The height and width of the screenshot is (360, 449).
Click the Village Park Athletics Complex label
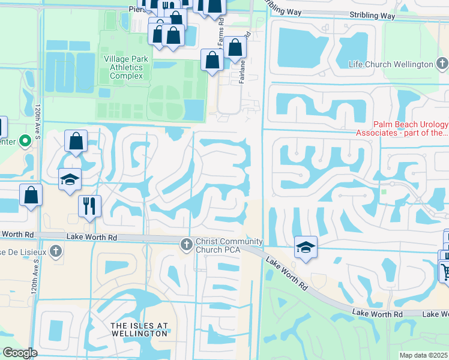[x=123, y=68]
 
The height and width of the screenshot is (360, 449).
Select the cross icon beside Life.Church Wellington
[x=442, y=63]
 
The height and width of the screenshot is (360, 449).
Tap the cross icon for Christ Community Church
[x=186, y=244]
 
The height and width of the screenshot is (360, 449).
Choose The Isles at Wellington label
[x=139, y=329]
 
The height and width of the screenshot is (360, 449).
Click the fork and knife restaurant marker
[x=89, y=206]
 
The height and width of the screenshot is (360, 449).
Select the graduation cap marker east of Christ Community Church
[x=305, y=247]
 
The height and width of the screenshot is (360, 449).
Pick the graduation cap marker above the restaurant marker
[x=70, y=179]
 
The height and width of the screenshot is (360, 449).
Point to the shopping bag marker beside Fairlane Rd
[x=236, y=48]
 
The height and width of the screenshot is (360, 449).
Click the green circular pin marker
[x=25, y=142]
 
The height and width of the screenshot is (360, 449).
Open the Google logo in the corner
[x=20, y=353]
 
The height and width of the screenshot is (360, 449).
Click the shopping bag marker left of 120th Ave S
[x=31, y=196]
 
